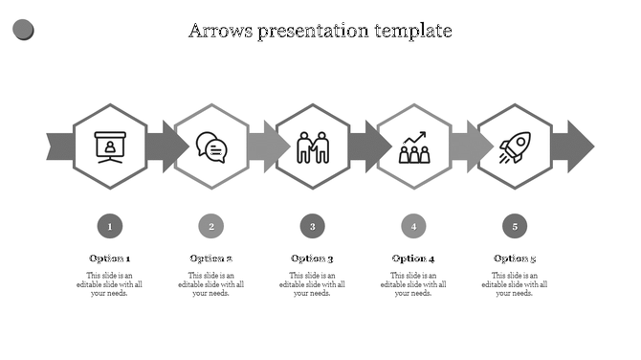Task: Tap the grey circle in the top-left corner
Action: [x=23, y=31]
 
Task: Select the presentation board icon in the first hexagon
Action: [x=110, y=146]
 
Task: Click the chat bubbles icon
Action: [x=211, y=146]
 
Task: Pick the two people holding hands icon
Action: [x=313, y=146]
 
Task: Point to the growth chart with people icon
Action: [x=414, y=146]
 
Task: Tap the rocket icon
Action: [x=515, y=146]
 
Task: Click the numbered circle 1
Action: [x=110, y=227]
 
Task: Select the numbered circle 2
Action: [x=211, y=227]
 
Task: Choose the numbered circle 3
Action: [x=313, y=227]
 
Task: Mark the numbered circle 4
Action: [x=414, y=227]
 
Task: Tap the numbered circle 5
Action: [x=515, y=227]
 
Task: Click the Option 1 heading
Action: [x=110, y=259]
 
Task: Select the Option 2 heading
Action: [x=211, y=259]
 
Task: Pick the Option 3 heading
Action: [x=313, y=259]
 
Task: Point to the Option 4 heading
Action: [x=414, y=259]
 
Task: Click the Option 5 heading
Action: [x=515, y=259]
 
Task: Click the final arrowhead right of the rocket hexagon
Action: [x=579, y=146]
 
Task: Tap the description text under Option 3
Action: [x=313, y=284]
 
